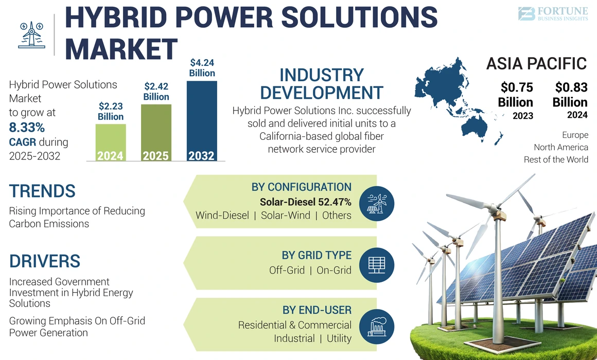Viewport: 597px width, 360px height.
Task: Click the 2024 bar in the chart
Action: click(x=110, y=142)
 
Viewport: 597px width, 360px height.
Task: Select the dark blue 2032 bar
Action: click(x=201, y=121)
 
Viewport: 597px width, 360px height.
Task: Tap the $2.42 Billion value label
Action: click(x=156, y=92)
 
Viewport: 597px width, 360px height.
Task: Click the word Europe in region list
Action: click(x=575, y=135)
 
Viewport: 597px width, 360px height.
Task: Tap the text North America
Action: click(x=560, y=147)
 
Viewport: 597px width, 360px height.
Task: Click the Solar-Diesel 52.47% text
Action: click(x=305, y=202)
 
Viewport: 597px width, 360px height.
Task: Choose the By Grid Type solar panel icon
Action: click(x=377, y=265)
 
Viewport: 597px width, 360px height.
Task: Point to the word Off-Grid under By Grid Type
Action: click(x=287, y=270)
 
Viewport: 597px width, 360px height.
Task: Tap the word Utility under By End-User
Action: click(x=339, y=338)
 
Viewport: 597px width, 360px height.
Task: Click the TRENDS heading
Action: click(x=42, y=191)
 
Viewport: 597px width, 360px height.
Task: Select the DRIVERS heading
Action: click(x=45, y=261)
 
